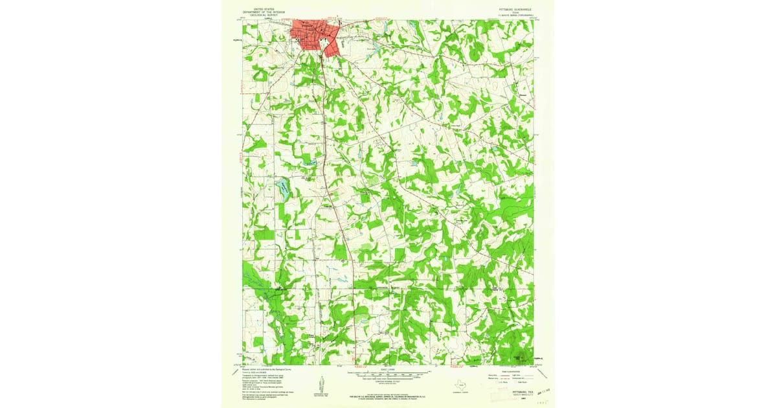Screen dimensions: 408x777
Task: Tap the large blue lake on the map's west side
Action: (x=283, y=188)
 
